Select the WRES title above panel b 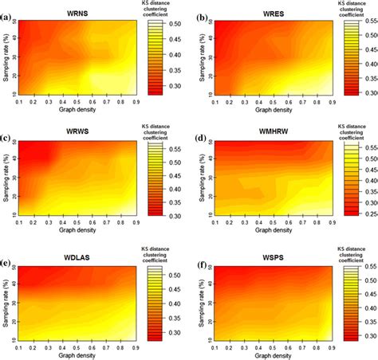(x=267, y=14)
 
